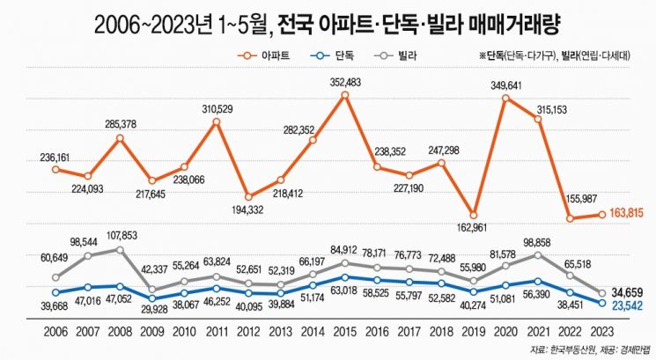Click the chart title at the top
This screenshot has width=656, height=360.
tap(327, 19)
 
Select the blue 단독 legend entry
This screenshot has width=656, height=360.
tap(335, 55)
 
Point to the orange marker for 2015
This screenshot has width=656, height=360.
tap(345, 95)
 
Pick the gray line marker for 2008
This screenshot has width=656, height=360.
tap(121, 250)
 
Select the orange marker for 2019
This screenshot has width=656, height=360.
tap(474, 215)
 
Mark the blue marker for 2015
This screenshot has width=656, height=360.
tap(345, 277)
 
